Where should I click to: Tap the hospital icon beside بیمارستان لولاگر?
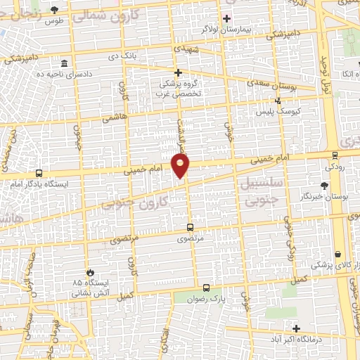226,18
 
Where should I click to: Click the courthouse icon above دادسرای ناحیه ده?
64,63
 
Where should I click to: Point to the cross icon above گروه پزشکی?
179,72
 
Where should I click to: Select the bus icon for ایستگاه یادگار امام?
39,173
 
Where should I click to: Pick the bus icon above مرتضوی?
190,228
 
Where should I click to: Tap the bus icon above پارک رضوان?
206,287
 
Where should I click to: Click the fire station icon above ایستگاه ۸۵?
89,272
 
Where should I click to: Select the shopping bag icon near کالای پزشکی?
339,254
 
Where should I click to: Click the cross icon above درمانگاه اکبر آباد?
296,328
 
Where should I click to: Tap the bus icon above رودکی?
335,157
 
